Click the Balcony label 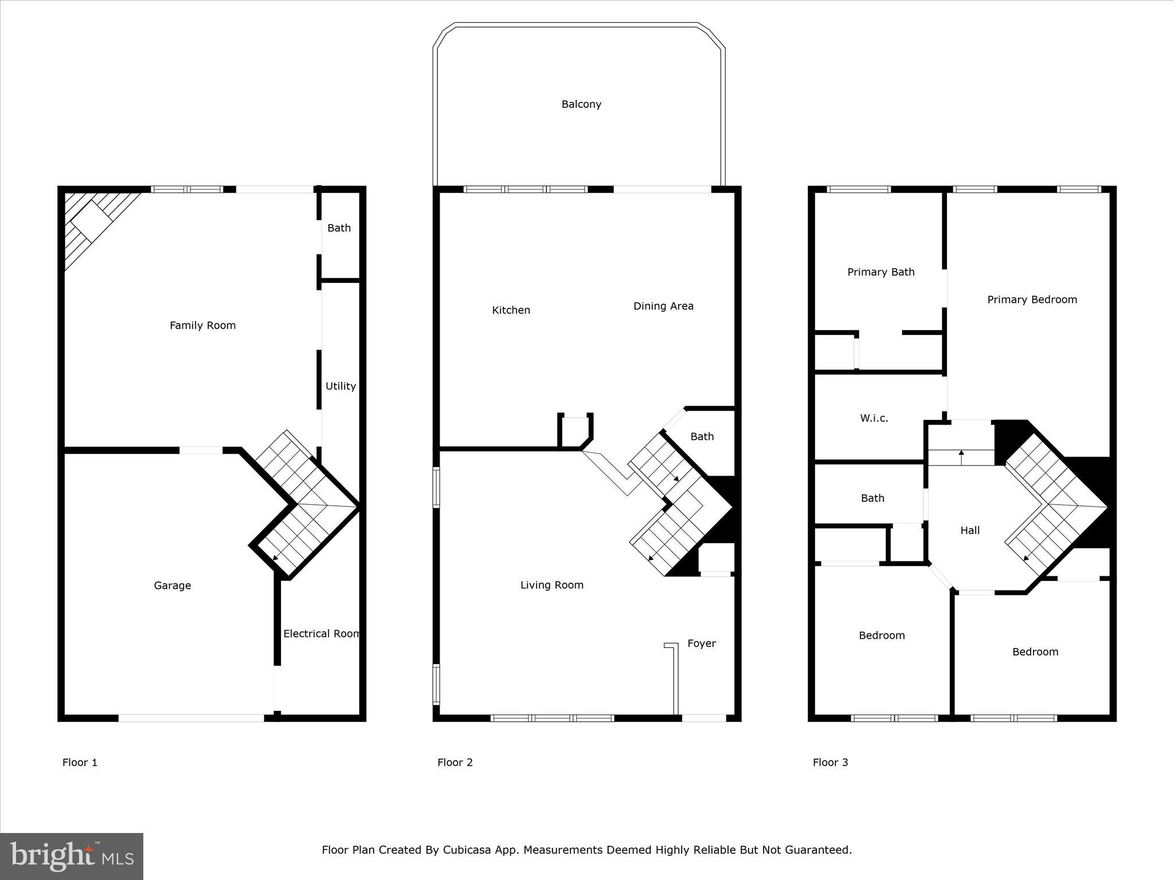pos(581,104)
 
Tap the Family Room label pos(202,325)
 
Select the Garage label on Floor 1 pos(172,586)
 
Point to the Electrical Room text pos(321,634)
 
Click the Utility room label pos(341,386)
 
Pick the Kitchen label pos(511,310)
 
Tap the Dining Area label pos(663,306)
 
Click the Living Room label pos(551,585)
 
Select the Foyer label pos(702,643)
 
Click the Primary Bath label pos(880,272)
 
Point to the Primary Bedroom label pos(1032,300)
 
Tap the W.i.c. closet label pos(874,418)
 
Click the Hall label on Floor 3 pos(970,531)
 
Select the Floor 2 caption pos(455,762)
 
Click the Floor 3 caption pos(830,762)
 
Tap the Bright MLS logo pos(72,856)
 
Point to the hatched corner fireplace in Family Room pos(92,221)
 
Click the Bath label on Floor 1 pos(339,228)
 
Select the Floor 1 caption pos(80,762)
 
